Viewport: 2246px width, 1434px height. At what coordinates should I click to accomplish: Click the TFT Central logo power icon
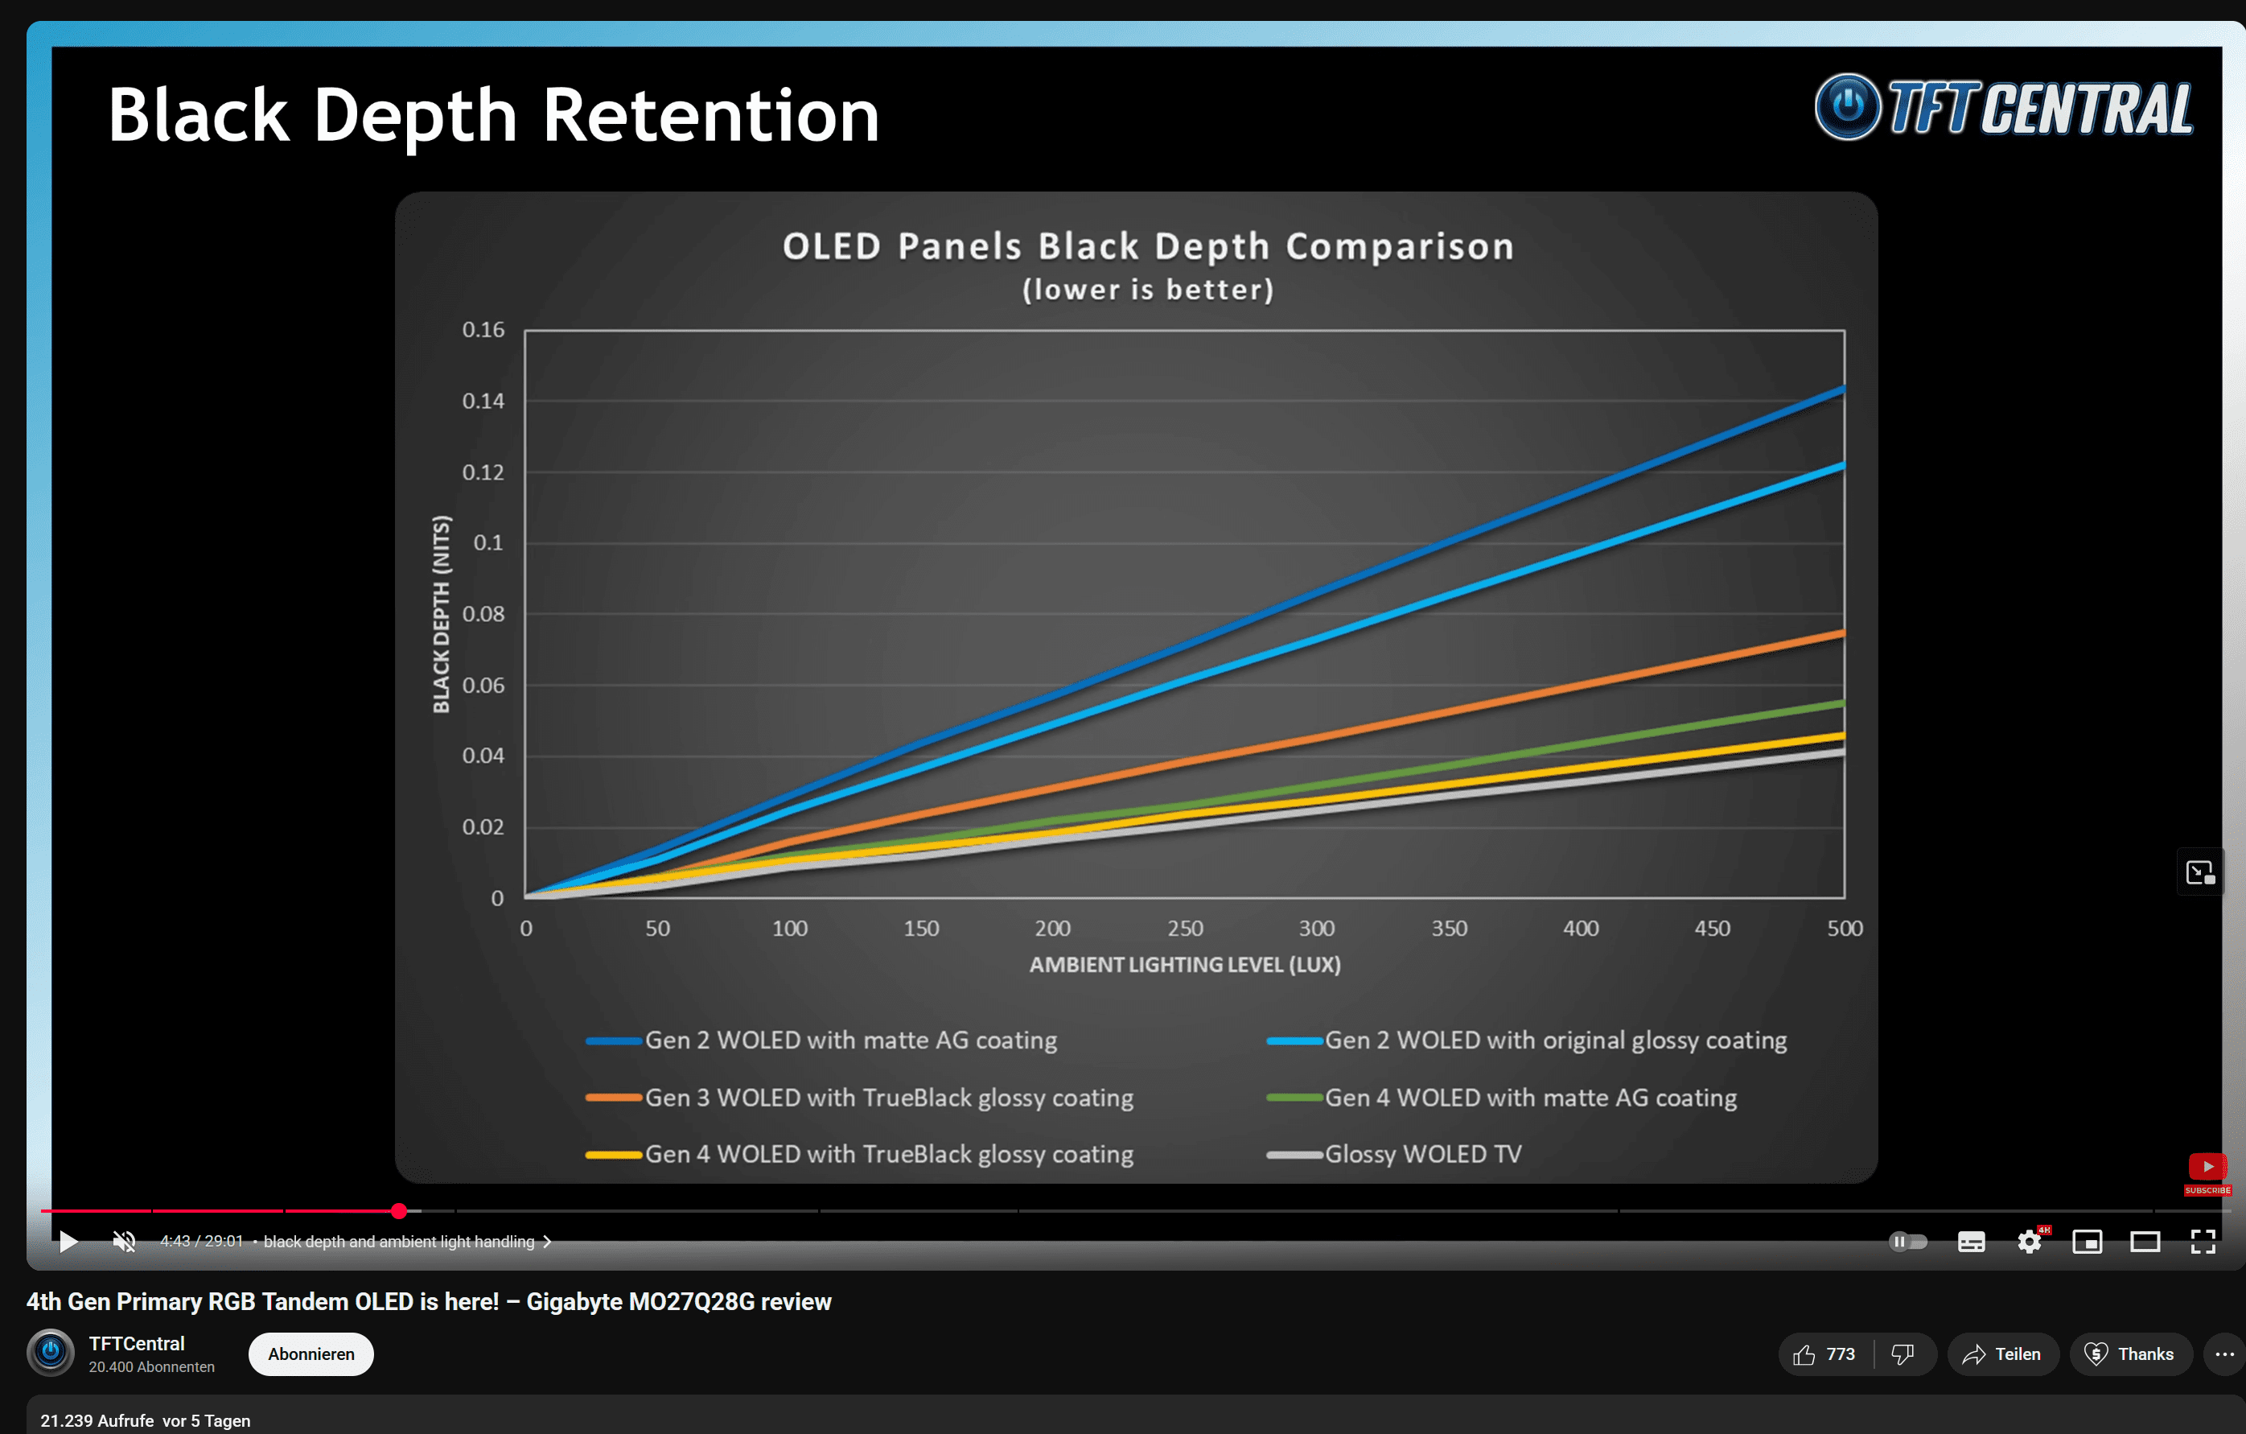[x=1847, y=107]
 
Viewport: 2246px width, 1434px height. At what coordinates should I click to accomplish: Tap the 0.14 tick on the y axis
[x=483, y=402]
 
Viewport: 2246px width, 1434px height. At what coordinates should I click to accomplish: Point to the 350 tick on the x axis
[x=1449, y=929]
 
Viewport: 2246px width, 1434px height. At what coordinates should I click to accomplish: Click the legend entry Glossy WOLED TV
[x=1422, y=1154]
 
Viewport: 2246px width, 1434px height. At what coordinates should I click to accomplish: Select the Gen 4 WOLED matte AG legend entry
[x=1530, y=1098]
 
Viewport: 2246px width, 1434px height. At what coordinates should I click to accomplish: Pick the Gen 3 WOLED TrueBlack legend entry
[x=888, y=1098]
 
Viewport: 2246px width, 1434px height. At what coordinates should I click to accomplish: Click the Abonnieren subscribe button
[x=311, y=1354]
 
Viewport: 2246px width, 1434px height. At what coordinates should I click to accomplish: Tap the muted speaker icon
[x=124, y=1241]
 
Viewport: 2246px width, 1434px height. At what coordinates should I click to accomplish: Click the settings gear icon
[x=2029, y=1242]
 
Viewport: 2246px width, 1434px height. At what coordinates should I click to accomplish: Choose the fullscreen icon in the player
[x=2203, y=1241]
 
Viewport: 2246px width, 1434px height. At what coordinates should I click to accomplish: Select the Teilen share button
[x=2002, y=1354]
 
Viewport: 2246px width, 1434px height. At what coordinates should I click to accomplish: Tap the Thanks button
[x=2130, y=1354]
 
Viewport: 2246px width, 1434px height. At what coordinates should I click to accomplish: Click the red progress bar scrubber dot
[x=399, y=1211]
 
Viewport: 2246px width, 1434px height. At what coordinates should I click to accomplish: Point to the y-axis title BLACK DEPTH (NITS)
[x=441, y=614]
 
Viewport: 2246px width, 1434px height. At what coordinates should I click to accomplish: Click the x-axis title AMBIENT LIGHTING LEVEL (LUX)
[x=1185, y=965]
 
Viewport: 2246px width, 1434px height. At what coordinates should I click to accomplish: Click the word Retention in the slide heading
[x=711, y=116]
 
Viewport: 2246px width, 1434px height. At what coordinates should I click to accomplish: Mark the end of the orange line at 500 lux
[x=1842, y=633]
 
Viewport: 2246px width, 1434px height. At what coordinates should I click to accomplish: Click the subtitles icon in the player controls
[x=1971, y=1242]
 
